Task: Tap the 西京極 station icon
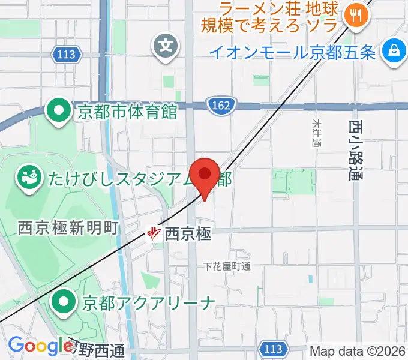(x=154, y=232)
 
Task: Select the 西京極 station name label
(x=188, y=233)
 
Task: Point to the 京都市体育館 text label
(x=127, y=112)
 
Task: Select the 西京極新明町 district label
(x=68, y=228)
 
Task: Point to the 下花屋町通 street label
(x=227, y=266)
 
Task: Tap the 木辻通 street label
(x=317, y=133)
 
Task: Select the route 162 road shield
(x=222, y=106)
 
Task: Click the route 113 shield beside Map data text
(x=274, y=349)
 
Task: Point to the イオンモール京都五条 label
(x=292, y=53)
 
